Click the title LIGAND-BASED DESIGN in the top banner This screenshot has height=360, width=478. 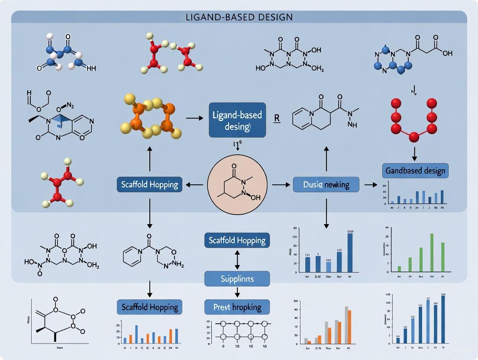click(x=239, y=17)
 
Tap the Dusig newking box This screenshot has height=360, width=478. click(x=326, y=185)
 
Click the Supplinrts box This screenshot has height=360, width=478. click(x=237, y=279)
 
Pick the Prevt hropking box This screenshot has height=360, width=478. click(x=237, y=307)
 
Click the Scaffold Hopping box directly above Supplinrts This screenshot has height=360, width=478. click(x=237, y=240)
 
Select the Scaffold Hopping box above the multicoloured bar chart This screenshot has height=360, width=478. click(x=149, y=307)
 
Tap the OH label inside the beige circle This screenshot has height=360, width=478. click(x=255, y=197)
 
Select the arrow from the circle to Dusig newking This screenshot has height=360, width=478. click(x=281, y=185)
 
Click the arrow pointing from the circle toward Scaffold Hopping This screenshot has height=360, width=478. click(x=194, y=185)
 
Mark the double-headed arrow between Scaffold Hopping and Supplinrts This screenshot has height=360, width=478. click(x=237, y=260)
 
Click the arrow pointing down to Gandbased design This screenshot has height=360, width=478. click(x=414, y=153)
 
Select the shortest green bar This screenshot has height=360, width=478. click(x=399, y=269)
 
